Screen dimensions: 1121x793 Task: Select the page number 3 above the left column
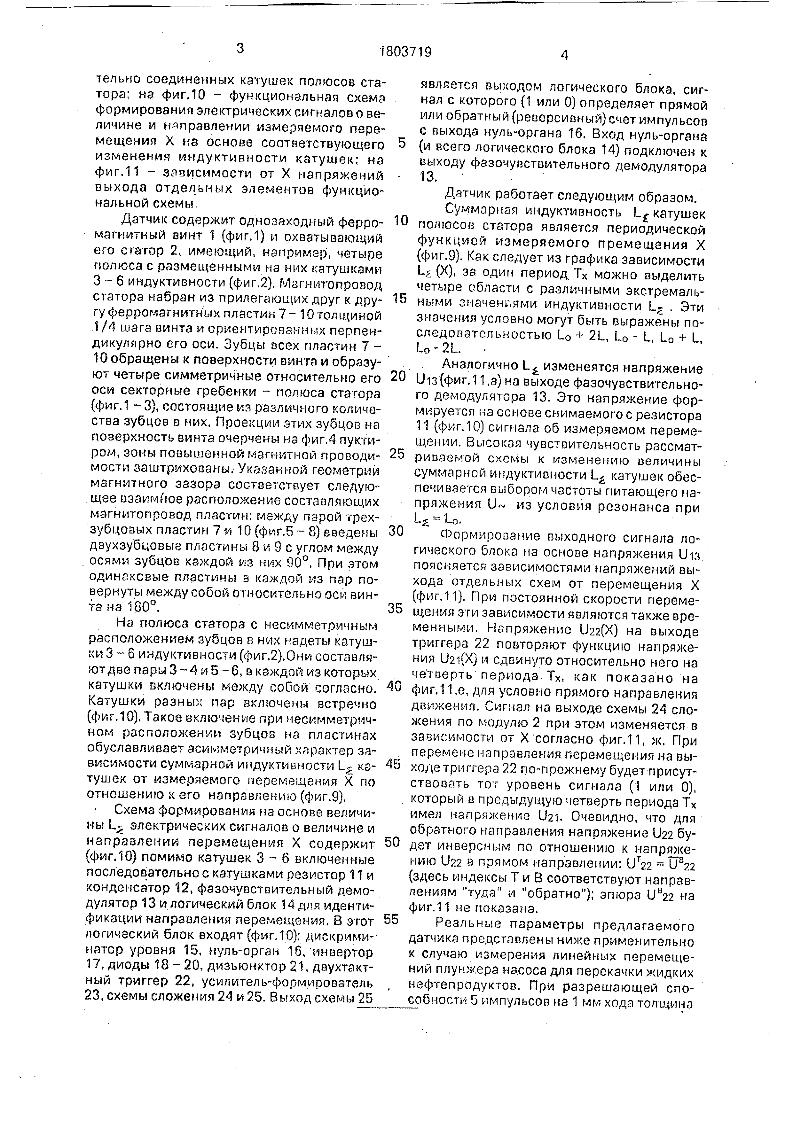click(x=240, y=49)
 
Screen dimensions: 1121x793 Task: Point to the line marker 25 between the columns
click(x=397, y=454)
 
